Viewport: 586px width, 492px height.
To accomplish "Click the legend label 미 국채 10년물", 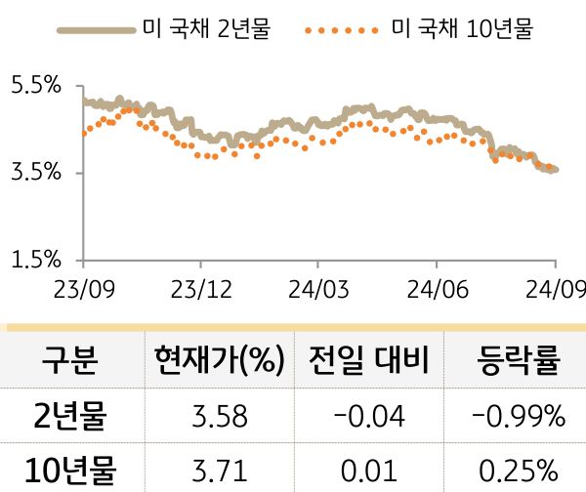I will click(461, 29).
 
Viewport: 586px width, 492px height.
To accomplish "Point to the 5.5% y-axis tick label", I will click(36, 86).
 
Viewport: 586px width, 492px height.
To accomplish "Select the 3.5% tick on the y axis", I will click(36, 173).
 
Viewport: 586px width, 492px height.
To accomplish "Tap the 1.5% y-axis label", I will click(36, 260).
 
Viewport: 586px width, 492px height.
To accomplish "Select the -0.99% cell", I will click(518, 417).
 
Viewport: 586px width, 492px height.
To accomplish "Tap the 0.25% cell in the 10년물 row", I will click(518, 471).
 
